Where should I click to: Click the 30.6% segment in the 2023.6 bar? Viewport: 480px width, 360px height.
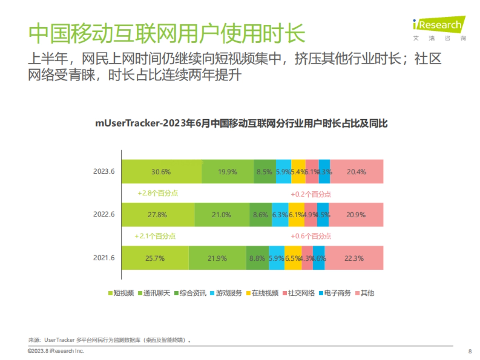tap(161, 172)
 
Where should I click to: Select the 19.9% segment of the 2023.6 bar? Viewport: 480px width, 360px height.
tap(228, 172)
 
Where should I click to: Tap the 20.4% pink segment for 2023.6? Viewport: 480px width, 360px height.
tap(356, 172)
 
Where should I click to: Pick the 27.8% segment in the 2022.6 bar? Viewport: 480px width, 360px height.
tap(158, 214)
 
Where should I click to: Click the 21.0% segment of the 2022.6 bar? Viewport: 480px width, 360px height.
tap(222, 214)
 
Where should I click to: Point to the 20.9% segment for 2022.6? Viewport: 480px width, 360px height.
tap(356, 214)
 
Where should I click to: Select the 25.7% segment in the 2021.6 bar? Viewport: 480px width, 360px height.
tap(155, 258)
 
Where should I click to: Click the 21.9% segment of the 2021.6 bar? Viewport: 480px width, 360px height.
tap(217, 258)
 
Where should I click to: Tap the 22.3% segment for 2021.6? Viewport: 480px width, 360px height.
tap(354, 258)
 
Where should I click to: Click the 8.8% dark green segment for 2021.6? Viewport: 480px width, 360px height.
tap(257, 258)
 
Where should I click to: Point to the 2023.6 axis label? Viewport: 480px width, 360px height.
tap(104, 172)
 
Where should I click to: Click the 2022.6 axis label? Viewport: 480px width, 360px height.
tap(104, 214)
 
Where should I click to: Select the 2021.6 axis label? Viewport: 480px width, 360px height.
tap(104, 258)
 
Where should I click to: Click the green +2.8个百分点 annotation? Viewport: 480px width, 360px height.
tap(158, 193)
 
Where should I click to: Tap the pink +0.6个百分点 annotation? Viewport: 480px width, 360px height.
tap(311, 236)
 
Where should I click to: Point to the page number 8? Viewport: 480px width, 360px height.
tap(470, 352)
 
